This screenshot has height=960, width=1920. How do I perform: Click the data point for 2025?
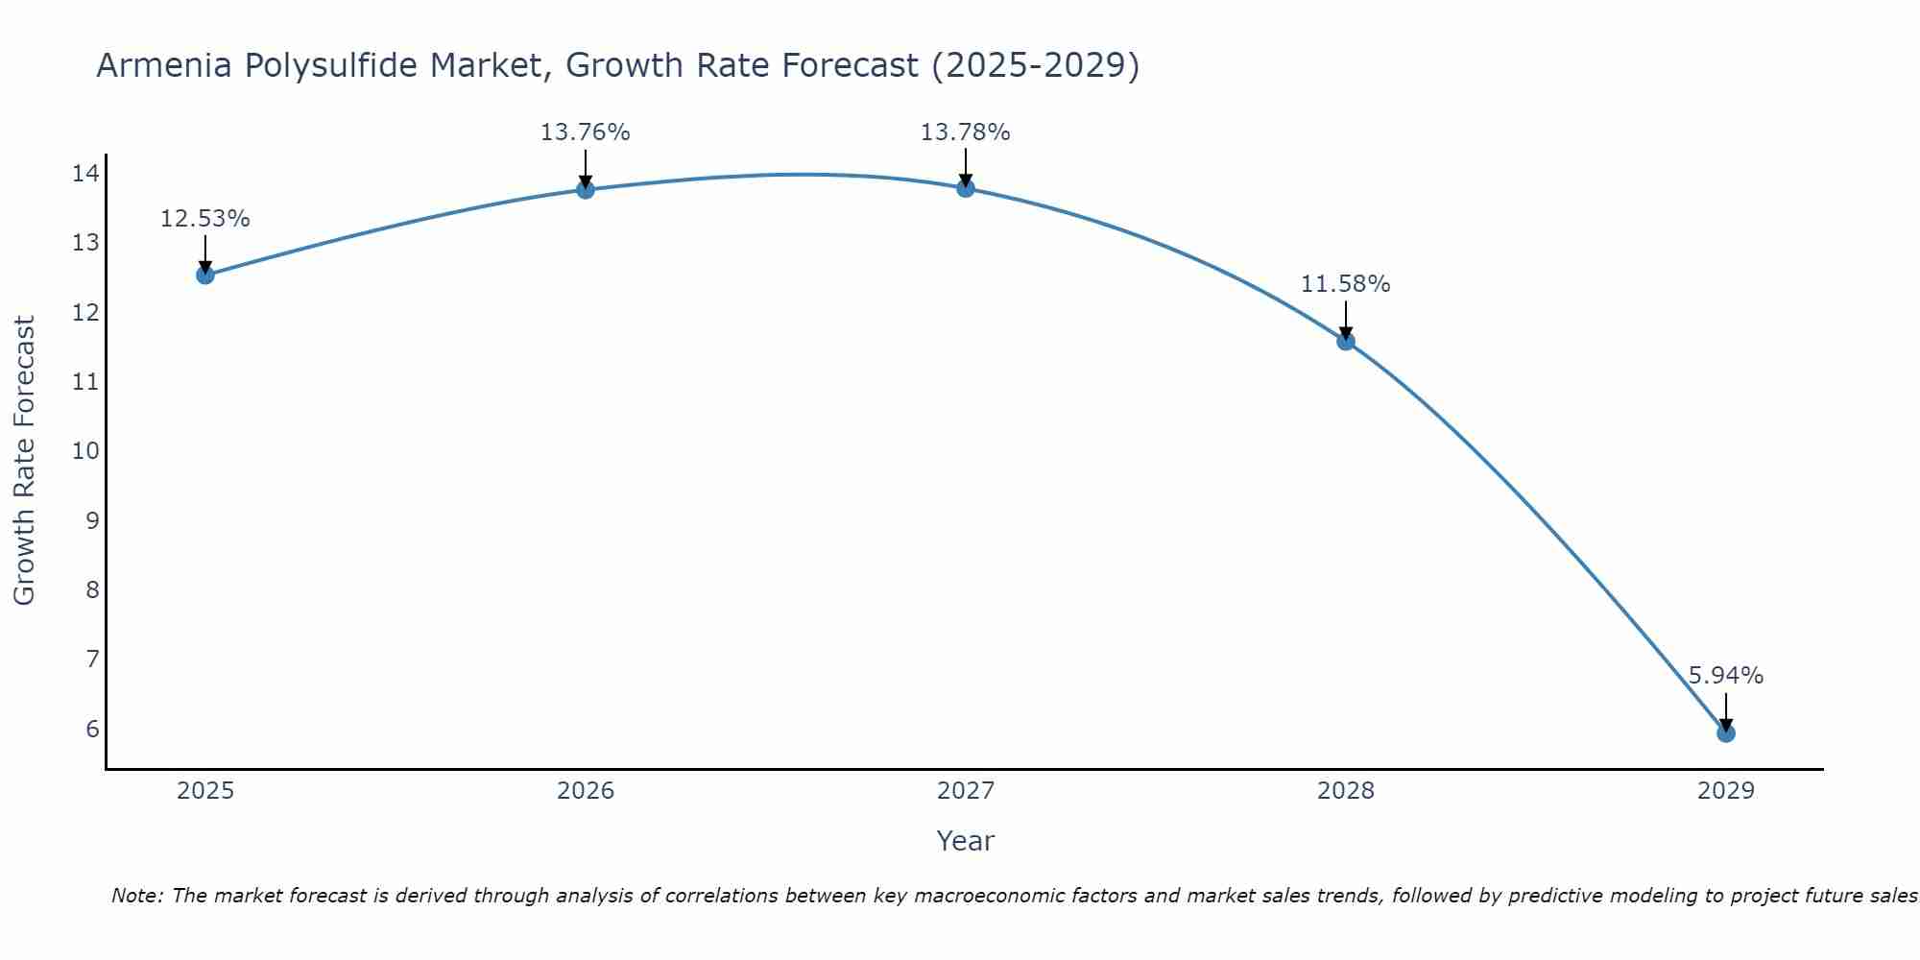tap(205, 276)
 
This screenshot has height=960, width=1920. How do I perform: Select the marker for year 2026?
tap(586, 189)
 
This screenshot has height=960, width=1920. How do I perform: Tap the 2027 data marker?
tap(966, 188)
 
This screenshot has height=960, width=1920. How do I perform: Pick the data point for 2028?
tap(1346, 341)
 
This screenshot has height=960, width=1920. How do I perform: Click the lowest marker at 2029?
tap(1726, 733)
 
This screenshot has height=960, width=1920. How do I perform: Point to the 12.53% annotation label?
tap(205, 219)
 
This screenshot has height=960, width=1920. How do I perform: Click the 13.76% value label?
tap(586, 132)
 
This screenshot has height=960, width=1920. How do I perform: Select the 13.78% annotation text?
tap(966, 132)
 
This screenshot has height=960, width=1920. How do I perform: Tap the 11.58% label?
tap(1346, 284)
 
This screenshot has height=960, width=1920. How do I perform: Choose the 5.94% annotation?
tap(1726, 676)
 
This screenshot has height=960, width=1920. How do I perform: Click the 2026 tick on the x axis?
tap(586, 791)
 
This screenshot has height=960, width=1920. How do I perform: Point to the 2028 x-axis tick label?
tap(1346, 791)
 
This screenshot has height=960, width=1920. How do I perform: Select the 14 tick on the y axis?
tap(85, 174)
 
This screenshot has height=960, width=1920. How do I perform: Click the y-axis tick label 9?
tap(92, 520)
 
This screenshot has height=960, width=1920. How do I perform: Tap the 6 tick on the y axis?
tap(92, 729)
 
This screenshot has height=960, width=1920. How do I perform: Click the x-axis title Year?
tap(966, 841)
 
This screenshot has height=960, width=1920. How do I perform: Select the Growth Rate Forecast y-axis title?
tap(24, 461)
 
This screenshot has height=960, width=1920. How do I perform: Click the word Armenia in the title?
tap(164, 65)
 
